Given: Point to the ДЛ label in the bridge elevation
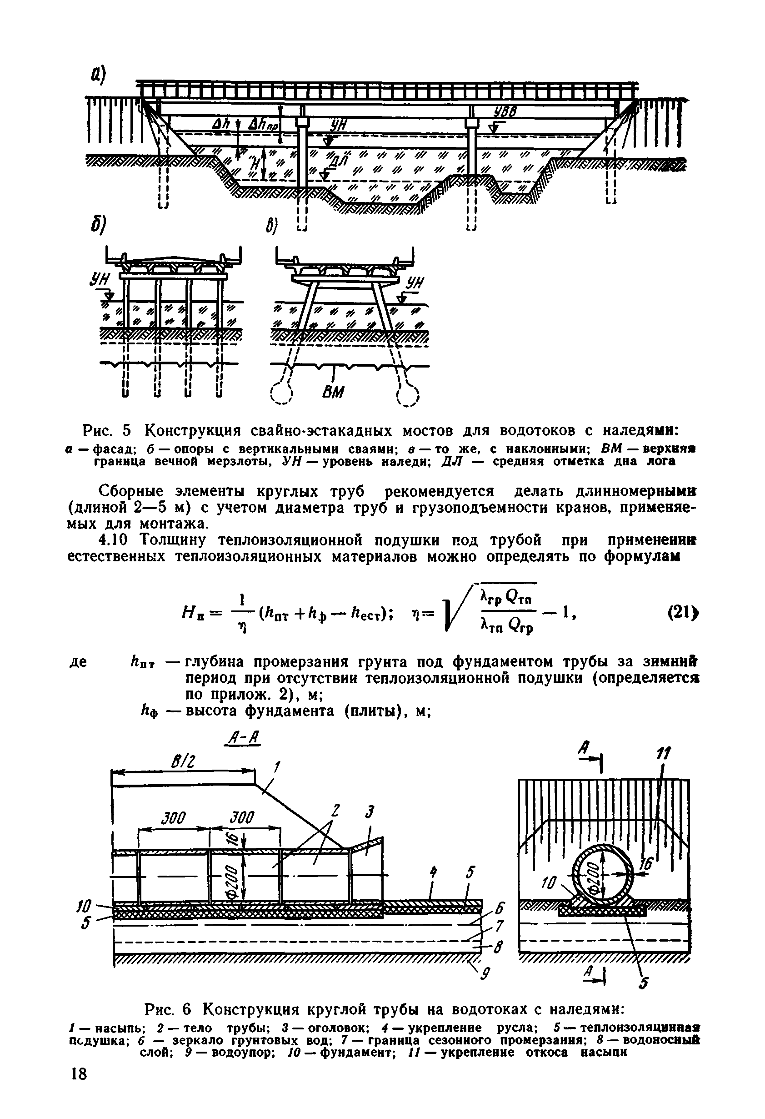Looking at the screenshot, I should pyautogui.click(x=337, y=161).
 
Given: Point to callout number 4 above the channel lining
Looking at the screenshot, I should pyautogui.click(x=434, y=872).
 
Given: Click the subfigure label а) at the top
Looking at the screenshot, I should pyautogui.click(x=99, y=75).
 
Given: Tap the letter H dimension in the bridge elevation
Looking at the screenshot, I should pyautogui.click(x=255, y=164).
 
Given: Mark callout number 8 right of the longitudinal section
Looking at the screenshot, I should pyautogui.click(x=499, y=948).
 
